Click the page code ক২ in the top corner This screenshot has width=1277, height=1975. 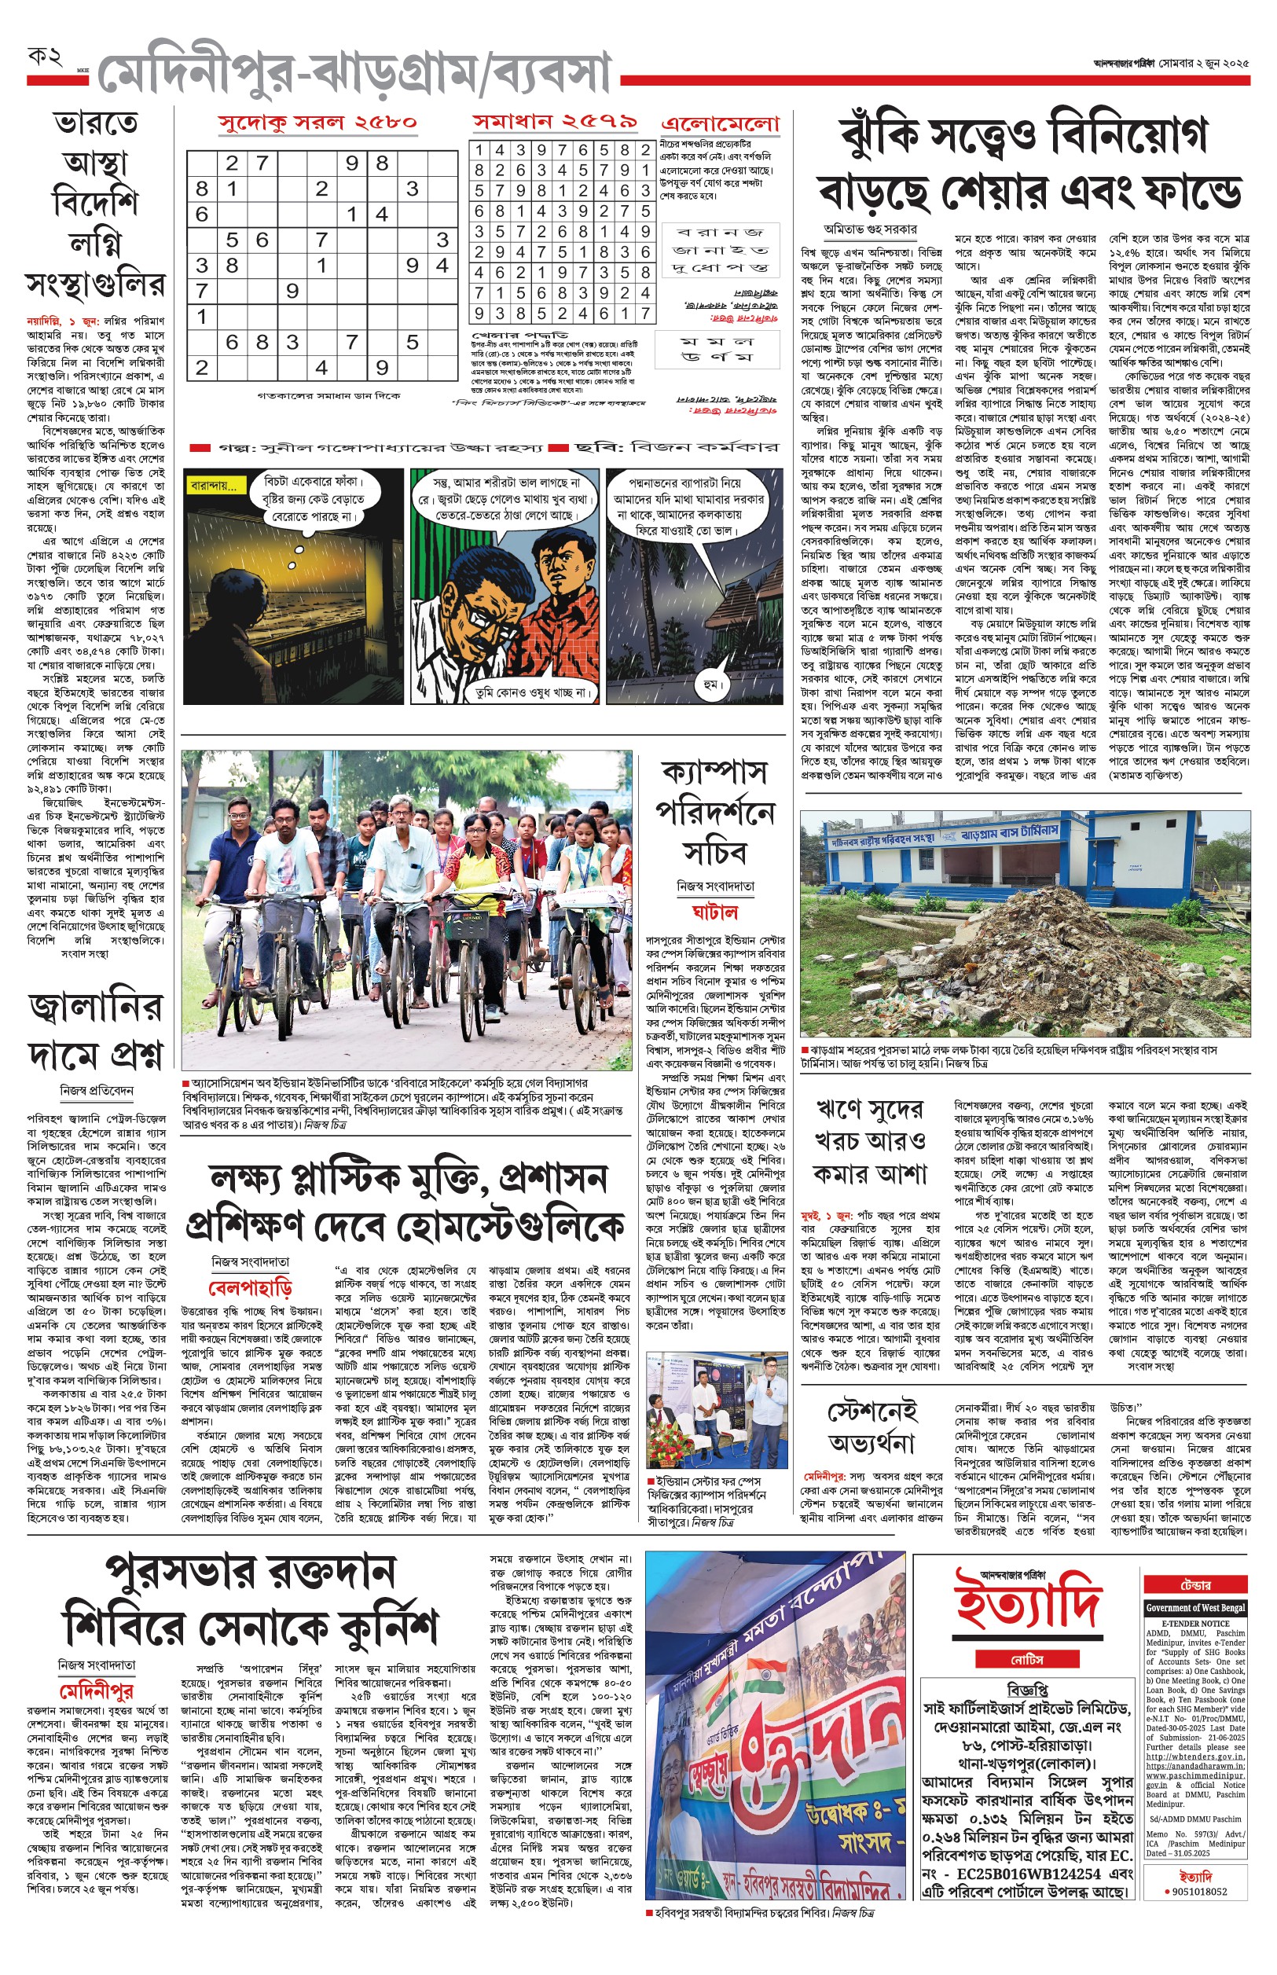pyautogui.click(x=45, y=57)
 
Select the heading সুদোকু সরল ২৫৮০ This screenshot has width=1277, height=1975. pyautogui.click(x=317, y=123)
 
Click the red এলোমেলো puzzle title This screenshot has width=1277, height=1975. pyautogui.click(x=721, y=124)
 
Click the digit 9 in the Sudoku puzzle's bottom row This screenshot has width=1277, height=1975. pyautogui.click(x=381, y=367)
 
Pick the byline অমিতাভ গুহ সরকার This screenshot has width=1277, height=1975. pyautogui.click(x=870, y=229)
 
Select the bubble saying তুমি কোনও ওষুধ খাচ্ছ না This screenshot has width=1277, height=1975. pyautogui.click(x=529, y=691)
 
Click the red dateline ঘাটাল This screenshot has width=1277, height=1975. pyautogui.click(x=715, y=912)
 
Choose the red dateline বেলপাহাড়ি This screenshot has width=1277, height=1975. pyautogui.click(x=250, y=1287)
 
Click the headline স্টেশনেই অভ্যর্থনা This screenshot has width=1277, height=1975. pyautogui.click(x=872, y=1426)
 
